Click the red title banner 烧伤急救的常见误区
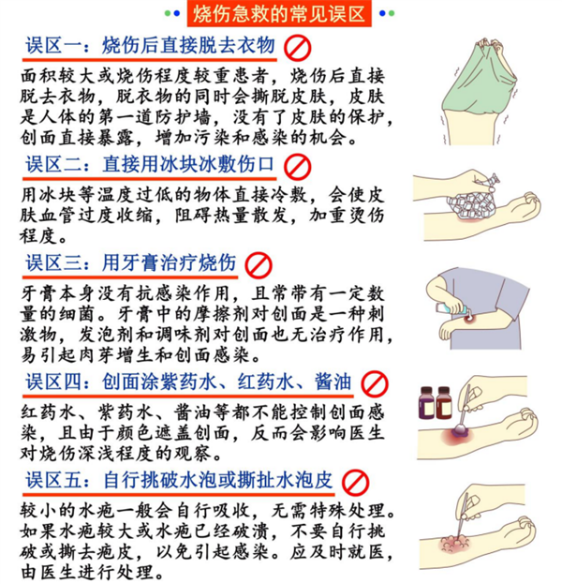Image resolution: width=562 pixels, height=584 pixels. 279,14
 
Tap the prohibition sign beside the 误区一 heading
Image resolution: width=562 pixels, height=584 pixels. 297,48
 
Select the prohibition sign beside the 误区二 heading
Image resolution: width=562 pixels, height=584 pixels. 297,167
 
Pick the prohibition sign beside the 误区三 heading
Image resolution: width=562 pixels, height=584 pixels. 259,265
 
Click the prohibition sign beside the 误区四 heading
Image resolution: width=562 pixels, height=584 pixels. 375,384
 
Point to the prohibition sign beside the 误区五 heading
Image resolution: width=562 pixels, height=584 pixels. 355,483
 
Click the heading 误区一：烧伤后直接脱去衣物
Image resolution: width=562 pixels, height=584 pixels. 151,46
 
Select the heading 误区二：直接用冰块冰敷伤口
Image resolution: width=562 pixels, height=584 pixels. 150,165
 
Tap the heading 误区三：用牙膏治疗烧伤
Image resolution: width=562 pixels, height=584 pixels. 131,263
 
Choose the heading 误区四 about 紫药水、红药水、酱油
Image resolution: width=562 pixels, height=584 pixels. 188,382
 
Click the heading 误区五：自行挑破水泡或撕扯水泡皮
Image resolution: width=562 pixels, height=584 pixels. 179,480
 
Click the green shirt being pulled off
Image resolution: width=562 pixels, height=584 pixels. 479,79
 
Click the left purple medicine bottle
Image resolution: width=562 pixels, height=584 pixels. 426,402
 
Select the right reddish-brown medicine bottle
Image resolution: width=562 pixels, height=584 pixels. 444,402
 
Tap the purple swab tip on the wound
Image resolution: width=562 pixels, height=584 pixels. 461,430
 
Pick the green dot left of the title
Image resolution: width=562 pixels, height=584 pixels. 168,13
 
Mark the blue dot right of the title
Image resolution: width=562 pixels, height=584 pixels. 382,13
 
